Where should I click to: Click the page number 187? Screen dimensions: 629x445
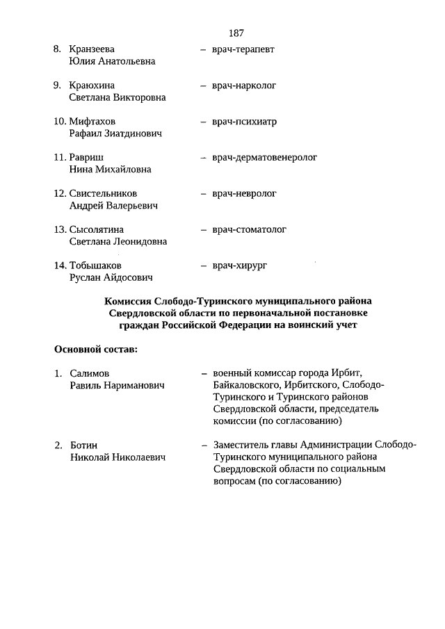235,33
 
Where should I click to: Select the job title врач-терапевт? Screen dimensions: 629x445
244,49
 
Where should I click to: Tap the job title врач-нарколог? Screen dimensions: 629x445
244,85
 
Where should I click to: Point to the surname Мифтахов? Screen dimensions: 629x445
92,122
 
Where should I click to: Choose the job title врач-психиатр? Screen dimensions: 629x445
244,122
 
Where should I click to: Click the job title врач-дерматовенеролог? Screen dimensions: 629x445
264,157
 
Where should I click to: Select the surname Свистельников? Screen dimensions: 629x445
103,193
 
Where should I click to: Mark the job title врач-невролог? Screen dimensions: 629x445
244,193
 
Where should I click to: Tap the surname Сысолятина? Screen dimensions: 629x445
96,229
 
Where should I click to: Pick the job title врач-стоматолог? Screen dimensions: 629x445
249,229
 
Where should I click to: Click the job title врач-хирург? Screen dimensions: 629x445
240,266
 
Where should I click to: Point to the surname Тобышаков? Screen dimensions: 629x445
95,266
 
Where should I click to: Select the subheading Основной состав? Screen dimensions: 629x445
95,348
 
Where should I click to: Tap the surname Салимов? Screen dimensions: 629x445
90,374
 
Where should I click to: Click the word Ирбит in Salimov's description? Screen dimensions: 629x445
348,374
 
